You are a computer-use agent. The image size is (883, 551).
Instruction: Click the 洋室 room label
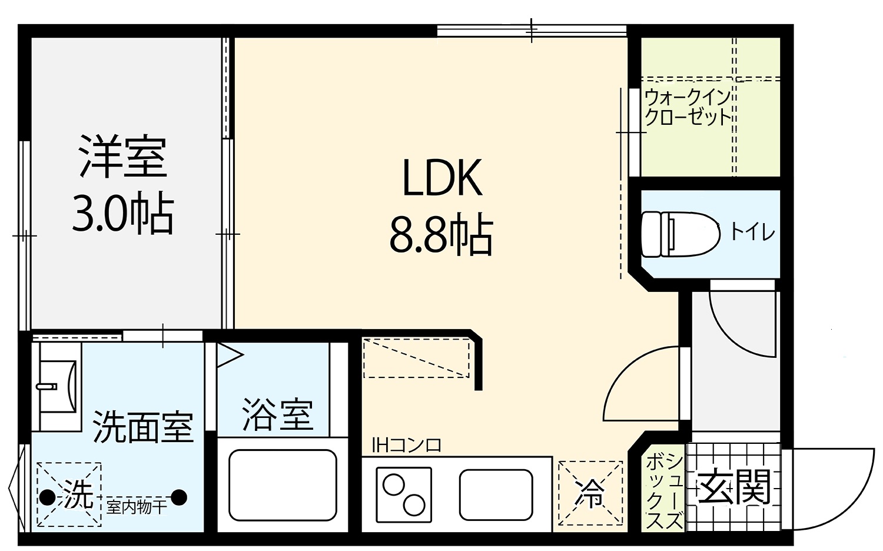[122, 156]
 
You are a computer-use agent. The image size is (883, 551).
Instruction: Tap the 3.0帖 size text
[122, 213]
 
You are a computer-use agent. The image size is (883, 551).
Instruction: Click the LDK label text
[442, 178]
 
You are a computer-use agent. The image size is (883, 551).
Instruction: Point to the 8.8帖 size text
[441, 234]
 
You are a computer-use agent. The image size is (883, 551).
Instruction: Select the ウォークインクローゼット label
[688, 107]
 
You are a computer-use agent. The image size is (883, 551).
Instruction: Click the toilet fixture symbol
[680, 234]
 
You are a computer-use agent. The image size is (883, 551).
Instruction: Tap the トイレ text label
[752, 233]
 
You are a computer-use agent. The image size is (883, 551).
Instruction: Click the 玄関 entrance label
[734, 487]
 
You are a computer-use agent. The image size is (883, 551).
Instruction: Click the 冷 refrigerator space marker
[590, 493]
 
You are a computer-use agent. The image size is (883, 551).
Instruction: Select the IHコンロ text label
[407, 446]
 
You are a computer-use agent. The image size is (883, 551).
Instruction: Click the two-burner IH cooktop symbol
[404, 495]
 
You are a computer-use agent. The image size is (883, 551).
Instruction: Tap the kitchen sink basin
[496, 495]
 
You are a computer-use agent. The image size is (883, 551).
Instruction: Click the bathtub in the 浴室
[283, 485]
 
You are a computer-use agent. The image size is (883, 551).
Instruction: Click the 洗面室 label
[142, 427]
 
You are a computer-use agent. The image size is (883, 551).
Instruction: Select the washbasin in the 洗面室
[59, 387]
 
